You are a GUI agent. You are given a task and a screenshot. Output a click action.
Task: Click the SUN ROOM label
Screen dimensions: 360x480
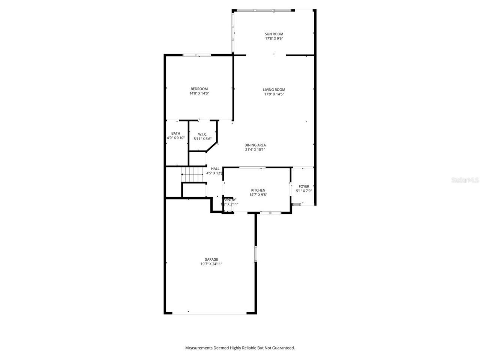coord(274,34)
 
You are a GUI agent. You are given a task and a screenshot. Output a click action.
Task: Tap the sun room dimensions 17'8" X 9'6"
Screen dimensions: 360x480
coord(274,39)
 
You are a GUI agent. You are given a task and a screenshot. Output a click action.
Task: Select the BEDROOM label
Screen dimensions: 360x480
coord(199,89)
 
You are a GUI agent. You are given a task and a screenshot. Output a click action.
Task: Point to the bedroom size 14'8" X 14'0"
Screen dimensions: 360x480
coord(199,93)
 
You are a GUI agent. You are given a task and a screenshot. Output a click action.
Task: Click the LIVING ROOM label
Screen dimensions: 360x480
coord(274,90)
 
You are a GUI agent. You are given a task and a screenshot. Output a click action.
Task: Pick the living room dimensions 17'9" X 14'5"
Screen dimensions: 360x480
coord(274,94)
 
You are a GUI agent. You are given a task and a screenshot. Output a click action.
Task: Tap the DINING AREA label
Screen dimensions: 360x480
coord(255,145)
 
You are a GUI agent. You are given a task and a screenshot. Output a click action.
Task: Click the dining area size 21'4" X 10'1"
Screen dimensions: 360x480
coord(255,150)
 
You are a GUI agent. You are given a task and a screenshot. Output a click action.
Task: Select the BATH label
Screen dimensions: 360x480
coord(175,133)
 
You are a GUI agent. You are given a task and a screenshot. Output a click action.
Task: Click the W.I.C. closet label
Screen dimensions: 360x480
coord(202,134)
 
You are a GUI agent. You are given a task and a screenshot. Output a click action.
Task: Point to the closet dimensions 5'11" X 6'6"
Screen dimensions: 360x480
coord(202,139)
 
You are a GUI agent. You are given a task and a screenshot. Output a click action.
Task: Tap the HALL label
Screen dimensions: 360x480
coord(215,169)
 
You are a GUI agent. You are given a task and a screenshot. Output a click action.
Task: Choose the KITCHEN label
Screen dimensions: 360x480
coord(258,190)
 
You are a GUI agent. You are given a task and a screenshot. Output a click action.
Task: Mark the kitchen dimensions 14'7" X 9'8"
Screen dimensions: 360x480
coord(258,195)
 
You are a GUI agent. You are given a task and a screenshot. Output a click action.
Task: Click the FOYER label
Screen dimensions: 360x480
coord(304,186)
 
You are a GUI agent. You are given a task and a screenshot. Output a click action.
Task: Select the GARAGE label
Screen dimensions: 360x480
coord(211,259)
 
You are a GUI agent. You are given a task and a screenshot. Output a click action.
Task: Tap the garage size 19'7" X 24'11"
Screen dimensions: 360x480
coord(211,264)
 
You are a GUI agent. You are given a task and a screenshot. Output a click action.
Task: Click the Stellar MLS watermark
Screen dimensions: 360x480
coord(465,180)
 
